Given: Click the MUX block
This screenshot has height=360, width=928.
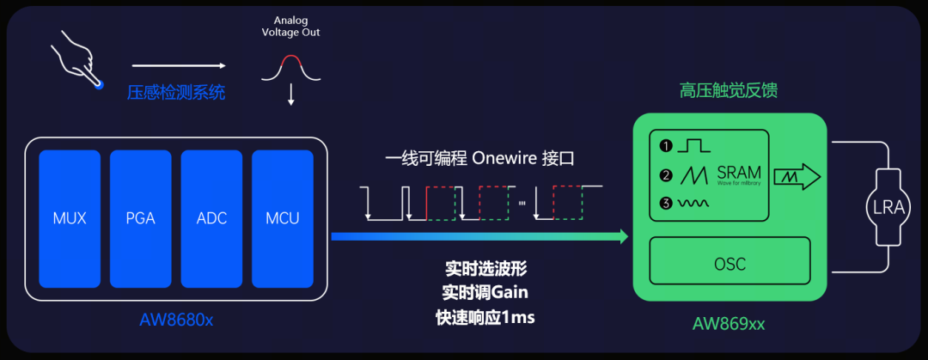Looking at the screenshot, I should point(69,217).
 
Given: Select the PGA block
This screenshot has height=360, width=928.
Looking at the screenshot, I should point(139,217).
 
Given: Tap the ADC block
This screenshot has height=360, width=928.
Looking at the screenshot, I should point(211,217).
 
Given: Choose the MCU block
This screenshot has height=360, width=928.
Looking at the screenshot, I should point(282,217).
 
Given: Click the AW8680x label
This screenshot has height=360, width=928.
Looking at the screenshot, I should point(175,321).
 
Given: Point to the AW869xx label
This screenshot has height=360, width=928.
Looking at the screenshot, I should point(729,324).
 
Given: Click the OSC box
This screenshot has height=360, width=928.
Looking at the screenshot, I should point(730,262).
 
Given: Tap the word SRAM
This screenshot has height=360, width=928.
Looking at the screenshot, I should point(738,173).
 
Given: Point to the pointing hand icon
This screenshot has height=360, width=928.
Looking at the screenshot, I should point(80,59).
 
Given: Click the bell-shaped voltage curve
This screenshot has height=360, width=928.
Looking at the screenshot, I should point(291,69).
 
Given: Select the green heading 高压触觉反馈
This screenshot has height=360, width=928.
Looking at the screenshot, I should point(729,90).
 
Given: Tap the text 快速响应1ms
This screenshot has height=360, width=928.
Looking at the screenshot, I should point(485,318).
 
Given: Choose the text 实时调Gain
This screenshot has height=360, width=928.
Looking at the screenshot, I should point(485,292).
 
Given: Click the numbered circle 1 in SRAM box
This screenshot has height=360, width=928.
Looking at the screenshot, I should point(665,145).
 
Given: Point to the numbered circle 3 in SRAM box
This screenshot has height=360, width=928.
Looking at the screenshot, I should point(665,204).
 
